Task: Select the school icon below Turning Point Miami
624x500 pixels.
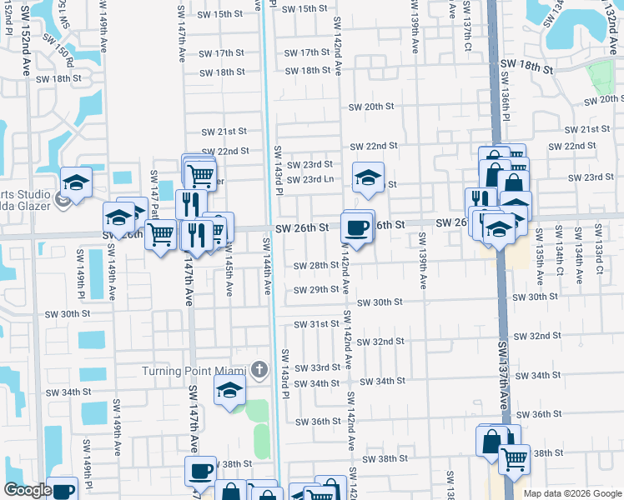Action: point(229,389)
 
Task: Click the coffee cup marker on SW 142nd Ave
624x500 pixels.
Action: point(357,227)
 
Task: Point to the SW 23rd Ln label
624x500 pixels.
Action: point(310,179)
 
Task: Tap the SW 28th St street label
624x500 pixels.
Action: point(316,266)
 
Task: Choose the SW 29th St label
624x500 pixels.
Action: point(316,290)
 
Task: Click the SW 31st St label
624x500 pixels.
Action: point(316,324)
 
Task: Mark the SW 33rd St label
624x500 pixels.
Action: point(316,367)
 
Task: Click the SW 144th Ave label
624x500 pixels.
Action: point(267,266)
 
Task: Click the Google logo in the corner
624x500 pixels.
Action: point(27,490)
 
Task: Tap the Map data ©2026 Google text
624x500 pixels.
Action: point(571,493)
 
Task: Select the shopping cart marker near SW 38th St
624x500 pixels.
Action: point(514,457)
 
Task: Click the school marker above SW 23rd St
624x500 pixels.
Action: point(367,177)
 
